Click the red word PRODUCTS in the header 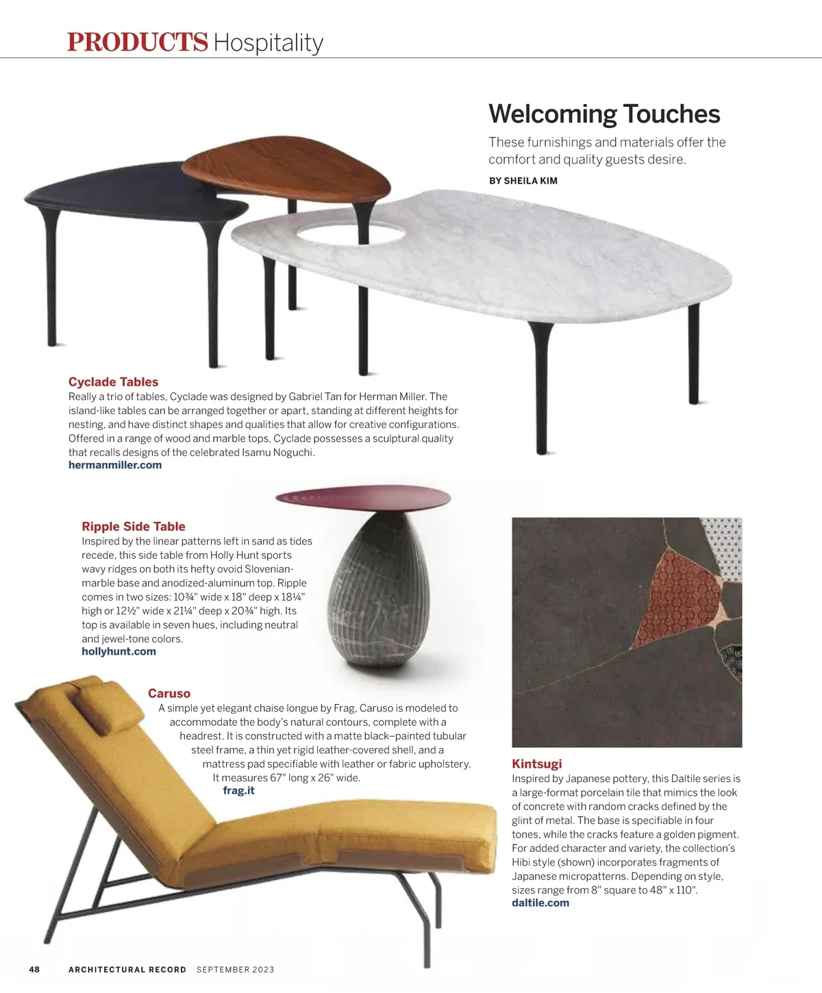coord(137,42)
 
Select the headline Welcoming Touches coord(604,114)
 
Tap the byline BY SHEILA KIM coord(523,181)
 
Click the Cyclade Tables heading coord(113,382)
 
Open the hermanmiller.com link coord(115,465)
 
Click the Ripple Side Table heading coord(134,527)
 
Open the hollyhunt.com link coord(119,651)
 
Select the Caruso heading coord(169,694)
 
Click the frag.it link coord(238,790)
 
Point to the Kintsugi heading coord(536,764)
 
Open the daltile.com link coord(540,903)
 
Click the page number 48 coord(34,969)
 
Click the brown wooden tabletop coord(288,171)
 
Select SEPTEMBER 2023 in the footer coord(235,969)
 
